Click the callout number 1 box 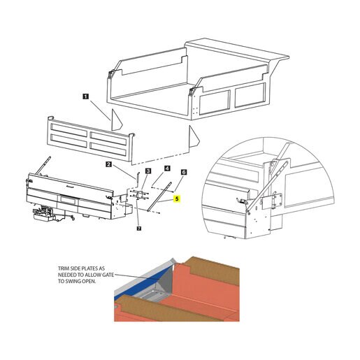86,96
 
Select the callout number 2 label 108,164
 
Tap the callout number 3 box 148,171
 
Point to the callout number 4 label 167,168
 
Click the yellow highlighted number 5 177,199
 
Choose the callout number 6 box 184,172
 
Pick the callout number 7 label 139,229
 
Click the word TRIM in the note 63,268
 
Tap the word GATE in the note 109,275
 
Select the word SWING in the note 72,281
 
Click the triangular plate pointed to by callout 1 115,121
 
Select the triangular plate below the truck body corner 193,137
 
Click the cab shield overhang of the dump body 236,50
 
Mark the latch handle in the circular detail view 242,201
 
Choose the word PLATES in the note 96,268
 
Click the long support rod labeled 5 159,196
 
